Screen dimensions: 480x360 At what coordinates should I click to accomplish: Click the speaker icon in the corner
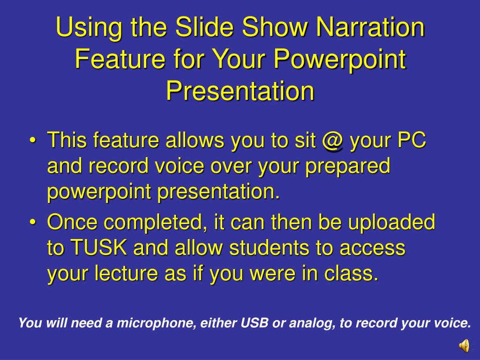coord(464,345)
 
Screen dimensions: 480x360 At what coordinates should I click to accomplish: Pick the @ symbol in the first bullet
coord(333,141)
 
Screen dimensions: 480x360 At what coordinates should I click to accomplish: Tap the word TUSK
coord(98,247)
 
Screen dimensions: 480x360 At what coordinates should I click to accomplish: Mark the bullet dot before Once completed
coord(33,223)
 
